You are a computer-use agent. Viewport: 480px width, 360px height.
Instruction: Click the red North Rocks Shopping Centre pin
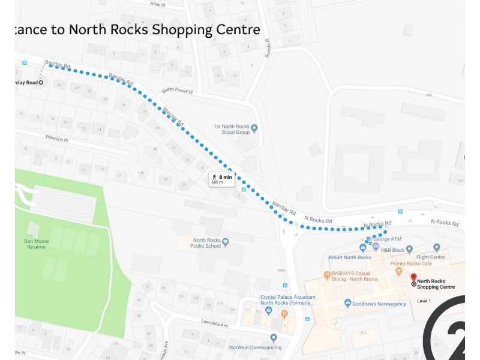tap(413, 278)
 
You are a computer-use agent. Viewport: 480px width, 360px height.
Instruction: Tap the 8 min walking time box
tap(221, 178)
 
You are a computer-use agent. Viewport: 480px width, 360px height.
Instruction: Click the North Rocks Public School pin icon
tap(226, 242)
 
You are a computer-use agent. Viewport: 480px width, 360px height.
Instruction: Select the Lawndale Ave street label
tap(215, 325)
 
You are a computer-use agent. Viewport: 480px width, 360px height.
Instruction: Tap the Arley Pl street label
tap(158, 4)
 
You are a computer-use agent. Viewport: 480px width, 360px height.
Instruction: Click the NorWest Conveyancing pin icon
tap(274, 338)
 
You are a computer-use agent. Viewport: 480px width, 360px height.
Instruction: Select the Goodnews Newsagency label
tap(379, 304)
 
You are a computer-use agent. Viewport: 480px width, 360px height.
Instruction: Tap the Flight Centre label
tap(430, 257)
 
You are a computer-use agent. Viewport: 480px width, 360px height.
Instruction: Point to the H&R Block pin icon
tap(409, 248)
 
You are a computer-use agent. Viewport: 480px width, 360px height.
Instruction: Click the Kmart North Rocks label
tap(350, 257)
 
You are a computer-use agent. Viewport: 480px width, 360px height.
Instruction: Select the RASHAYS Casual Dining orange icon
tap(327, 275)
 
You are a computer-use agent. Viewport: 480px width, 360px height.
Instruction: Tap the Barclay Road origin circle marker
tap(41, 82)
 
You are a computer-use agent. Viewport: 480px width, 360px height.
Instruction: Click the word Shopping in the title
tap(178, 29)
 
